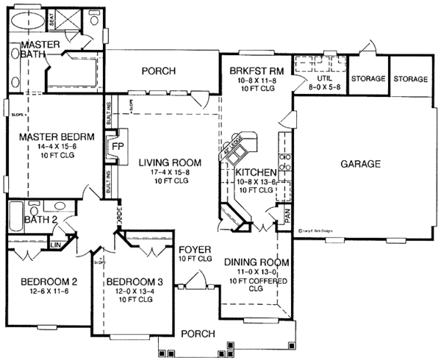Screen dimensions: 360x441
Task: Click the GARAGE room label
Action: click(x=360, y=164)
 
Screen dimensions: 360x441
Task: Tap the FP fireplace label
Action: click(x=116, y=145)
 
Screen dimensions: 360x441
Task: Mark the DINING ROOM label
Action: click(x=257, y=262)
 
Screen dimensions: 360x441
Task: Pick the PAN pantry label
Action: click(x=288, y=212)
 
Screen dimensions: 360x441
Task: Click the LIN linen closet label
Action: click(x=56, y=243)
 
